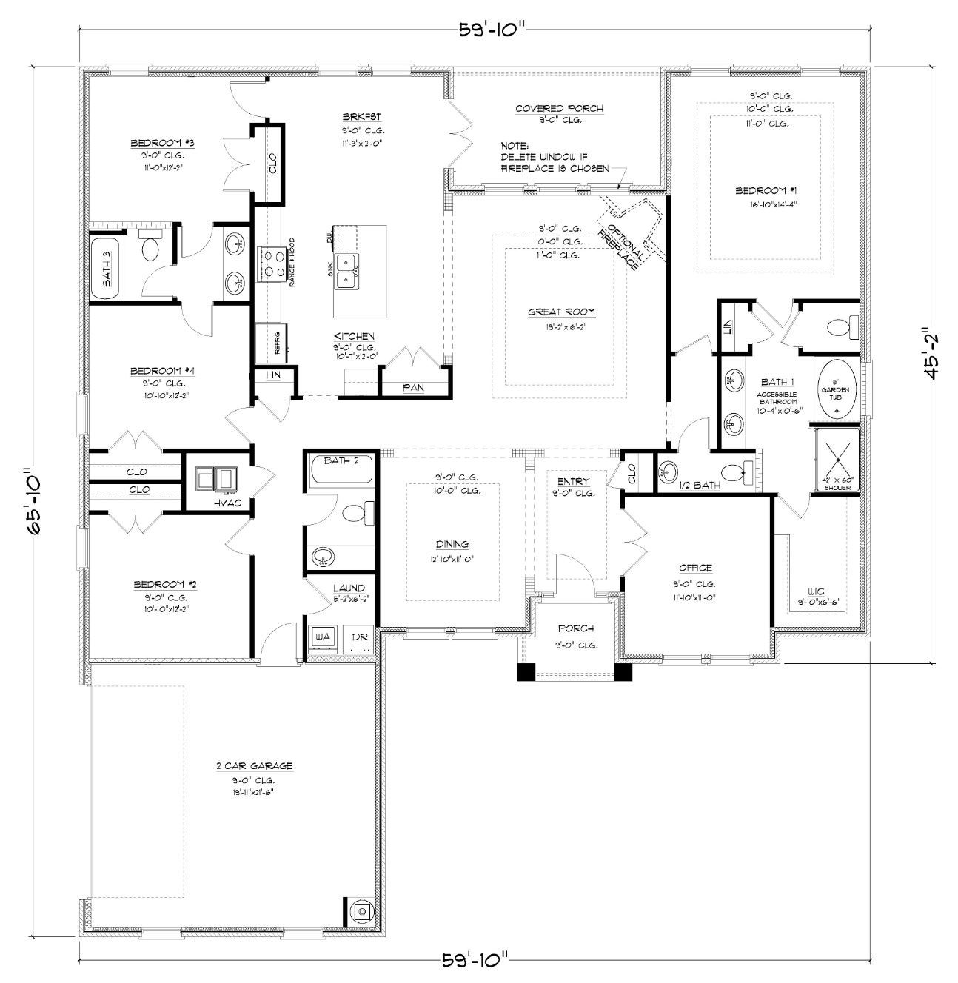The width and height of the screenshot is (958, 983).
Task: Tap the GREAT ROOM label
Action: point(561,312)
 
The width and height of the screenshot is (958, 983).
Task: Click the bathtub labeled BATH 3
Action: point(107,268)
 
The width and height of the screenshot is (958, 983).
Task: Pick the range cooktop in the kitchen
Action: point(272,264)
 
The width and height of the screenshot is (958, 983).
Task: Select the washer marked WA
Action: point(322,636)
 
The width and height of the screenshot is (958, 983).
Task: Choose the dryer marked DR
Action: point(359,636)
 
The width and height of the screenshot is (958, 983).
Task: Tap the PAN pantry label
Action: point(413,387)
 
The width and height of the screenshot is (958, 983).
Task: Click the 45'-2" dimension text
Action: point(930,354)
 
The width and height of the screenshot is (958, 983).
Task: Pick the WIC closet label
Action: point(816,591)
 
